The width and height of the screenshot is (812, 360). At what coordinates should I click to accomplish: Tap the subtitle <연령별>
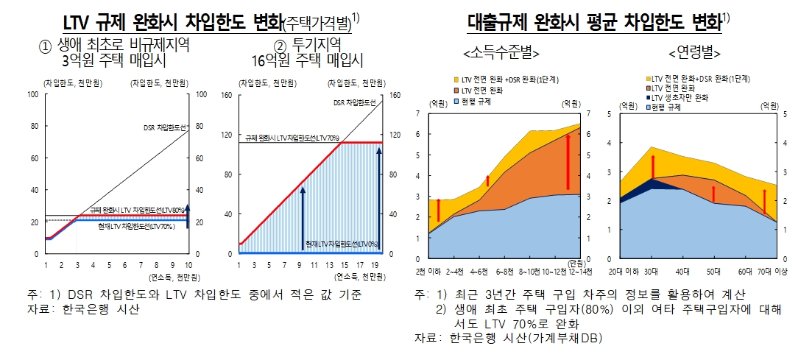pyautogui.click(x=693, y=53)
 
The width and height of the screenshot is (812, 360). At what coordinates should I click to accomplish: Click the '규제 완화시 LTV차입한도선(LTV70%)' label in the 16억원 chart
pyautogui.click(x=293, y=138)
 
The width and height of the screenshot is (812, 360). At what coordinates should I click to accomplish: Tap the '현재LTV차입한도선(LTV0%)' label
pyautogui.click(x=342, y=244)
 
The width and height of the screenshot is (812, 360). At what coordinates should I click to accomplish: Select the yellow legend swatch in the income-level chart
pyautogui.click(x=456, y=79)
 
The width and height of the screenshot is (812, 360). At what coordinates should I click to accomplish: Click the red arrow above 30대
pyautogui.click(x=652, y=167)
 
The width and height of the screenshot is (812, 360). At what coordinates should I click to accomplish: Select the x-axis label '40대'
pyautogui.click(x=682, y=272)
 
